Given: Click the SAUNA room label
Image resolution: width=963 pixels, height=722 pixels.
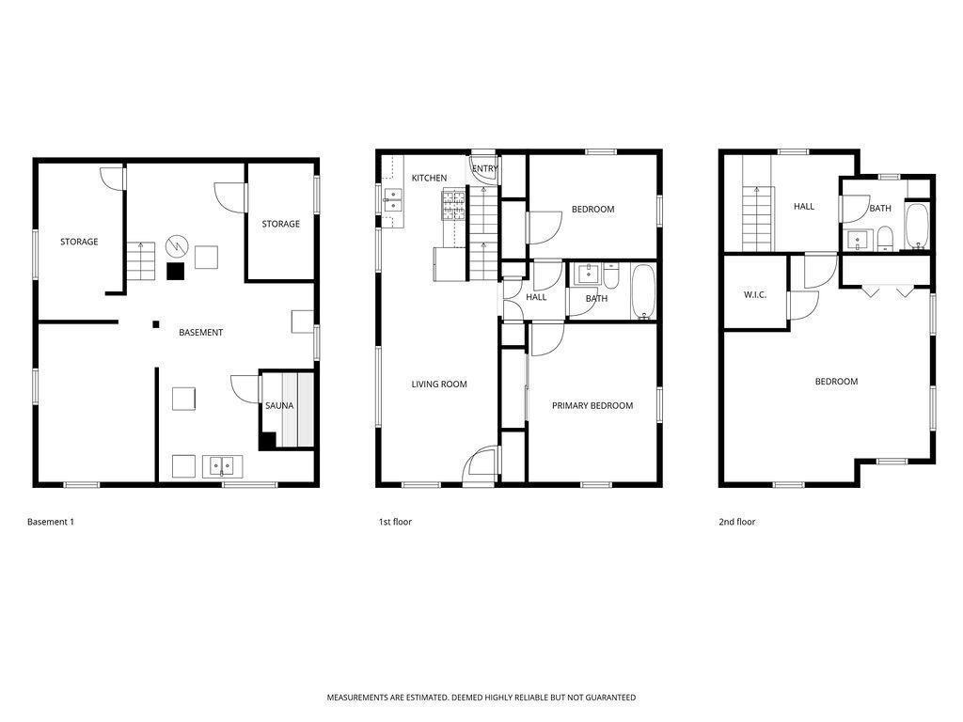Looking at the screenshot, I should click(x=278, y=406).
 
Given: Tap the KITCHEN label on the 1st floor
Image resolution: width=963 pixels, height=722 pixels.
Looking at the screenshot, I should click(x=429, y=179).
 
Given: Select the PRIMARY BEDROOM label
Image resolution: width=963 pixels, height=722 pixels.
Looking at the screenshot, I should click(x=592, y=406).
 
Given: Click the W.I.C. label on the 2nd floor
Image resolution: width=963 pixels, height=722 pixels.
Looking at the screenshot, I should click(x=755, y=295).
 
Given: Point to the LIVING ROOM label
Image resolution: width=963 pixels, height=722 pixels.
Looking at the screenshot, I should click(x=439, y=385).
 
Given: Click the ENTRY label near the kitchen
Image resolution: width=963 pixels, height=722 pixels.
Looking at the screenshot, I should click(x=485, y=169).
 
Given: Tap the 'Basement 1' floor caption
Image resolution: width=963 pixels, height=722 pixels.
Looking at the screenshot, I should click(x=51, y=522).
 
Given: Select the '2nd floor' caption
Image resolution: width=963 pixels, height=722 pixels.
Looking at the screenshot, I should click(x=737, y=522).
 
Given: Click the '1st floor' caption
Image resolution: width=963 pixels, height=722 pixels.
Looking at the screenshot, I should click(x=395, y=522).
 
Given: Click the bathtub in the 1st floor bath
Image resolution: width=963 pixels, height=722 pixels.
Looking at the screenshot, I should click(x=644, y=293).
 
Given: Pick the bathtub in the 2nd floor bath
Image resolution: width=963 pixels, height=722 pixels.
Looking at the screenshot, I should click(x=918, y=226).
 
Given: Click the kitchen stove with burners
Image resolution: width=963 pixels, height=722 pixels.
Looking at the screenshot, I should click(x=454, y=205).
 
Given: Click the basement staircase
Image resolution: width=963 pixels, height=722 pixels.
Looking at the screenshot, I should click(x=141, y=261).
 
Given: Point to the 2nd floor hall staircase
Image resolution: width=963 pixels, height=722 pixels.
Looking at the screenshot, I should click(x=757, y=219).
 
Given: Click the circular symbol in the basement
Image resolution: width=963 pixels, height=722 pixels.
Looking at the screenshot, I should click(x=177, y=246).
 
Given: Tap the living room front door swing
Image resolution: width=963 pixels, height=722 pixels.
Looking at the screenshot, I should click(x=481, y=464).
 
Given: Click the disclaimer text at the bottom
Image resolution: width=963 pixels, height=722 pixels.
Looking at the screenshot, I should click(x=481, y=698).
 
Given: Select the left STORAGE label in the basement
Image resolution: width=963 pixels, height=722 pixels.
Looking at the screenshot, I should click(x=79, y=243).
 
